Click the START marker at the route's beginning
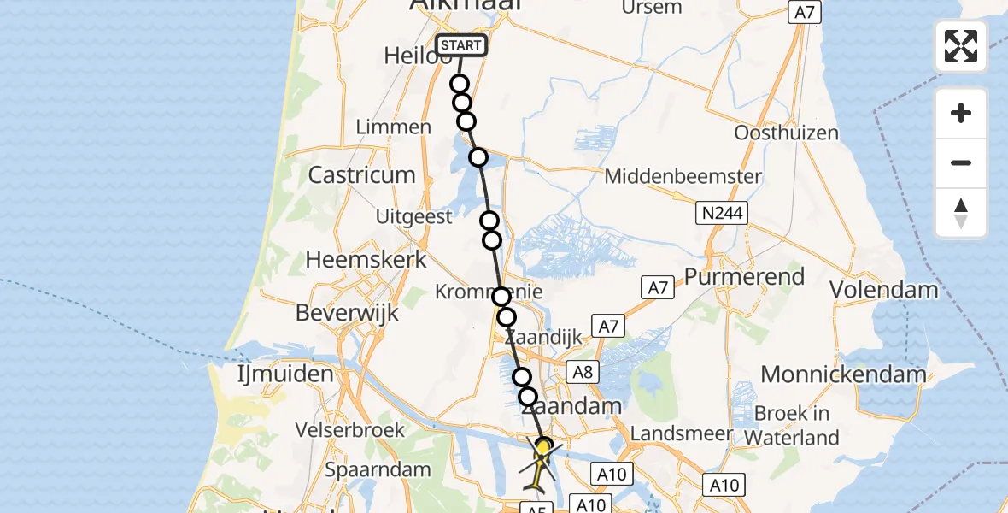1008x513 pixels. [x=461, y=45]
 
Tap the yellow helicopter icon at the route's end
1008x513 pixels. [x=542, y=462]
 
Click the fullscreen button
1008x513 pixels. [x=961, y=46]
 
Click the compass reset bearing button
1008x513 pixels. [x=961, y=213]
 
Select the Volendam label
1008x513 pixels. [x=884, y=290]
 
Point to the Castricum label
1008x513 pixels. [x=361, y=175]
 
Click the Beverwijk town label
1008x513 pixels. [x=347, y=313]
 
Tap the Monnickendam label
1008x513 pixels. [x=843, y=374]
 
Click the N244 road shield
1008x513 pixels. [x=721, y=214]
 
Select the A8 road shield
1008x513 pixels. [x=583, y=372]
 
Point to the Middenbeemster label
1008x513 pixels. [x=683, y=177]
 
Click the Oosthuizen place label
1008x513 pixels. [x=786, y=133]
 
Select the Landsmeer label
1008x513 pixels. [x=682, y=433]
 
